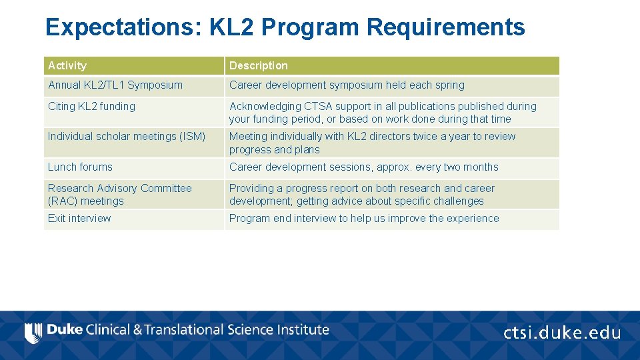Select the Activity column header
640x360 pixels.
pos(67,65)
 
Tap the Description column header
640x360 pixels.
pos(259,65)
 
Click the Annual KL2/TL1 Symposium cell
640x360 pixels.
pos(115,85)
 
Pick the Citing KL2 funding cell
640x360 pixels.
pos(91,106)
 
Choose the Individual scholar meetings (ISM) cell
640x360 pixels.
pos(127,137)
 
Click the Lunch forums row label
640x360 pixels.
pos(80,167)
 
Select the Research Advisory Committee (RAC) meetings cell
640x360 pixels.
pos(119,195)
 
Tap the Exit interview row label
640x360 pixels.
pos(79,219)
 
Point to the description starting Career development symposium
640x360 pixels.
pos(347,85)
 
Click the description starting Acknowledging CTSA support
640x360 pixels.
pos(382,113)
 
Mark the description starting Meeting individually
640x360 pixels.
pos(372,143)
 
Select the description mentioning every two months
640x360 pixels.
pos(363,167)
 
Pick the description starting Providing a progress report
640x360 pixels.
pos(361,195)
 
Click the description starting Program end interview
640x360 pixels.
pos(363,219)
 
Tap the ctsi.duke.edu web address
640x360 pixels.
pos(561,333)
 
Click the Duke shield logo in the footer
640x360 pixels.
pos(33,332)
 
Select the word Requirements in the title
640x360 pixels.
pos(445,27)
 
